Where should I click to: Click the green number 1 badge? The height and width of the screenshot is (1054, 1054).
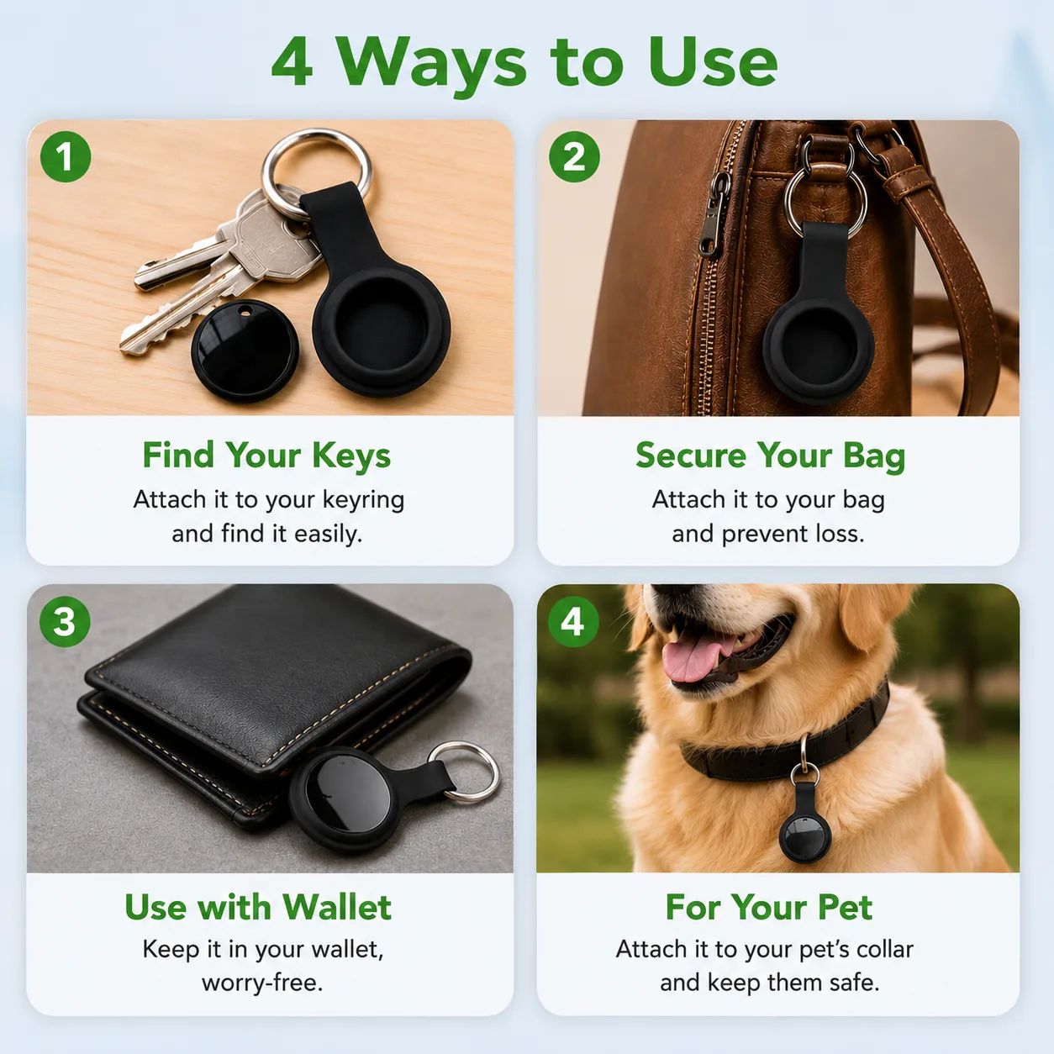click(x=66, y=156)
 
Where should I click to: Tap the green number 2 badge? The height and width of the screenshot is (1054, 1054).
click(x=574, y=156)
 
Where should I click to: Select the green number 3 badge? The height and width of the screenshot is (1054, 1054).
click(x=65, y=622)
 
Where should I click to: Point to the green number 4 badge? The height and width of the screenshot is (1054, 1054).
click(x=572, y=622)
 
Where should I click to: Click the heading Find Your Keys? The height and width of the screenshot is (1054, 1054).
click(x=266, y=456)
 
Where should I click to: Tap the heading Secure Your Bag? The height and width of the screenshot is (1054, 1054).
click(x=770, y=456)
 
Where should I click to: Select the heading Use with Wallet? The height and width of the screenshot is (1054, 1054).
click(x=258, y=907)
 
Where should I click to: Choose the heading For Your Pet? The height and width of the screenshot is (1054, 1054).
click(x=768, y=907)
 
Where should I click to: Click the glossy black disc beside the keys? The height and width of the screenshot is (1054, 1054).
click(x=245, y=350)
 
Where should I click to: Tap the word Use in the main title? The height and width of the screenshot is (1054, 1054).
click(x=712, y=62)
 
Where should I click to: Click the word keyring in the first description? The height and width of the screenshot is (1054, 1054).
click(x=363, y=500)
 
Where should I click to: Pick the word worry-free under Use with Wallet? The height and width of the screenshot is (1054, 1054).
click(x=262, y=983)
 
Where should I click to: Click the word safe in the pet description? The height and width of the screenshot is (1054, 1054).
click(x=854, y=983)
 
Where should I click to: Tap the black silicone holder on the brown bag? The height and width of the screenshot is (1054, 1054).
click(x=819, y=317)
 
